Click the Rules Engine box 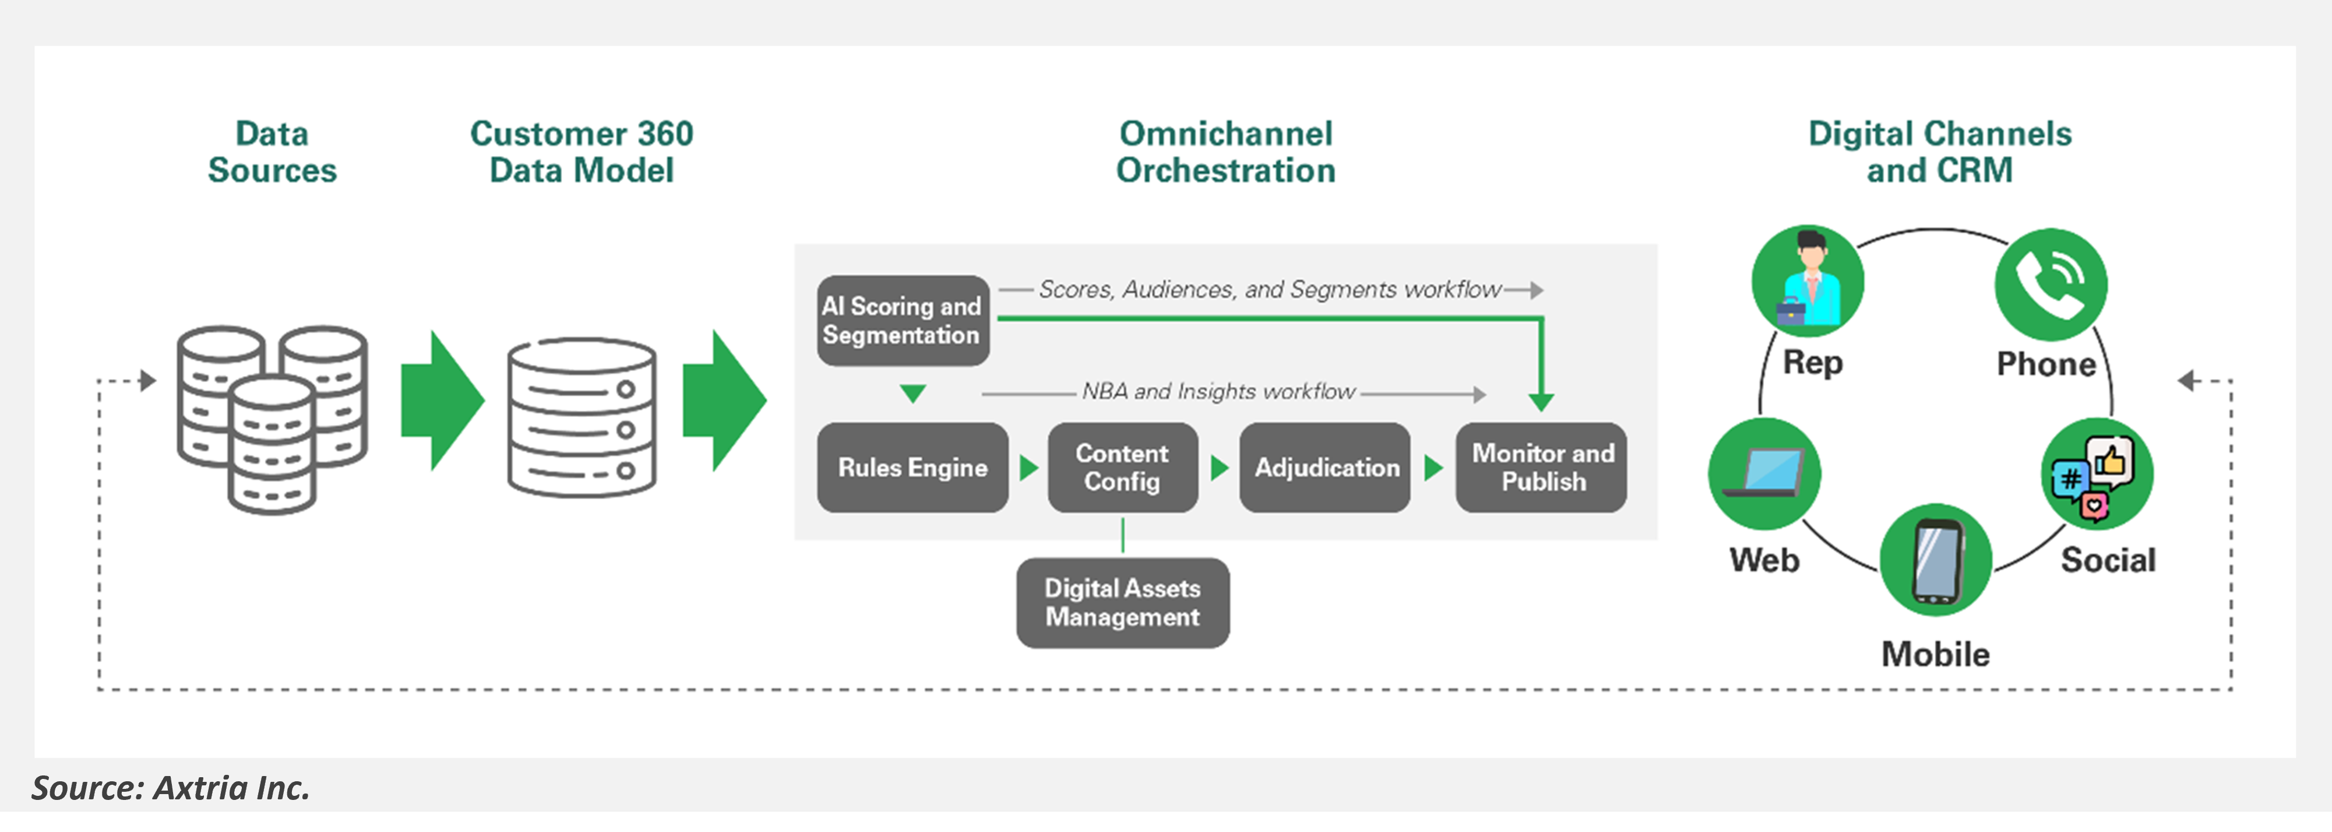[x=911, y=467]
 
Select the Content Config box [x=1122, y=467]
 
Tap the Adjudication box [x=1324, y=467]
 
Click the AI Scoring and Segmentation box [x=901, y=321]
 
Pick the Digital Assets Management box [x=1122, y=603]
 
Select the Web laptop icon [x=1763, y=473]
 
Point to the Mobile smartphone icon [x=1936, y=560]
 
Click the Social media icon [x=2097, y=475]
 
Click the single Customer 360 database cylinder [x=581, y=418]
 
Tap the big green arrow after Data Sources [x=443, y=400]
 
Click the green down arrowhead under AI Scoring [x=913, y=394]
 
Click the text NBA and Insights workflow [x=1218, y=392]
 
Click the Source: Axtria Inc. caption [x=171, y=788]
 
